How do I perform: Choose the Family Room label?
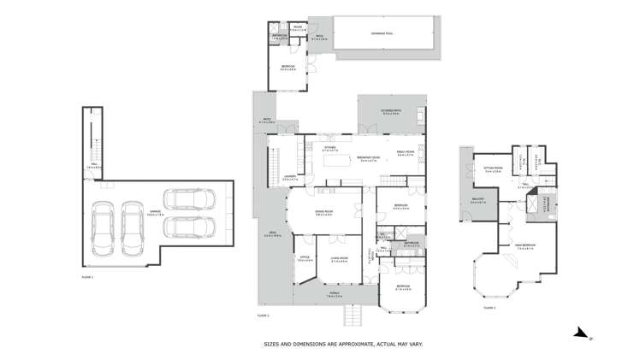(x=405, y=153)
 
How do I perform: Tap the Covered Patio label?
(x=391, y=112)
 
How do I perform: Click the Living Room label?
(x=339, y=258)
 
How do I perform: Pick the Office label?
(x=304, y=258)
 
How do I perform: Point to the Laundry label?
(x=289, y=178)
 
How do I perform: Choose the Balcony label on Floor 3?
(x=479, y=201)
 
